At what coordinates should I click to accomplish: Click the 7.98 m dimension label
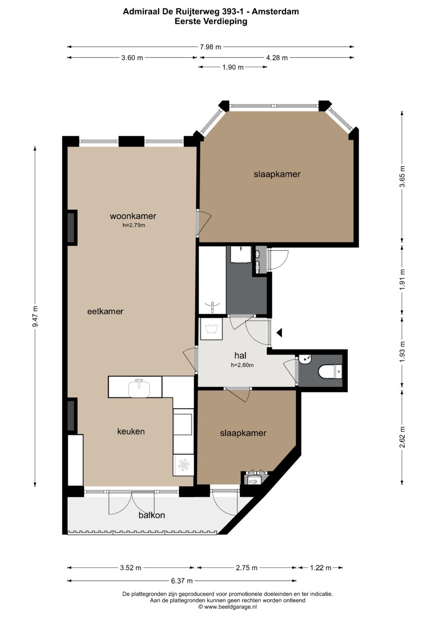[x=210, y=47]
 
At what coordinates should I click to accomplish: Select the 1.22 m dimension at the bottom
[x=320, y=567]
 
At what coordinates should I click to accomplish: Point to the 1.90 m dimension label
[x=233, y=67]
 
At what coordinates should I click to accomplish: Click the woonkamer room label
[x=133, y=216]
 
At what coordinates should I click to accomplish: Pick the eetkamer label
[x=105, y=312]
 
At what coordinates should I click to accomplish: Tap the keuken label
[x=131, y=431]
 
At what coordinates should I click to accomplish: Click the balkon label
[x=152, y=515]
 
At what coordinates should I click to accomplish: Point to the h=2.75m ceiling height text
[x=134, y=225]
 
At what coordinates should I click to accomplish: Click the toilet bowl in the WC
[x=330, y=372]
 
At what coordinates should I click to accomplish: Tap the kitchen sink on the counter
[x=139, y=388]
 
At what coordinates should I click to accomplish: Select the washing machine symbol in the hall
[x=211, y=329]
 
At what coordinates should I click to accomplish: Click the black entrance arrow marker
[x=279, y=332]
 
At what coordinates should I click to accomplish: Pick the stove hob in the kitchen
[x=183, y=466]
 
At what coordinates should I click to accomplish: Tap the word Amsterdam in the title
[x=275, y=12]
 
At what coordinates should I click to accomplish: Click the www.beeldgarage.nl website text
[x=230, y=607]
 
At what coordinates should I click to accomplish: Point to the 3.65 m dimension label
[x=402, y=176]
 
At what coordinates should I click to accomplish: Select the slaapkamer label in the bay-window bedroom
[x=277, y=174]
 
